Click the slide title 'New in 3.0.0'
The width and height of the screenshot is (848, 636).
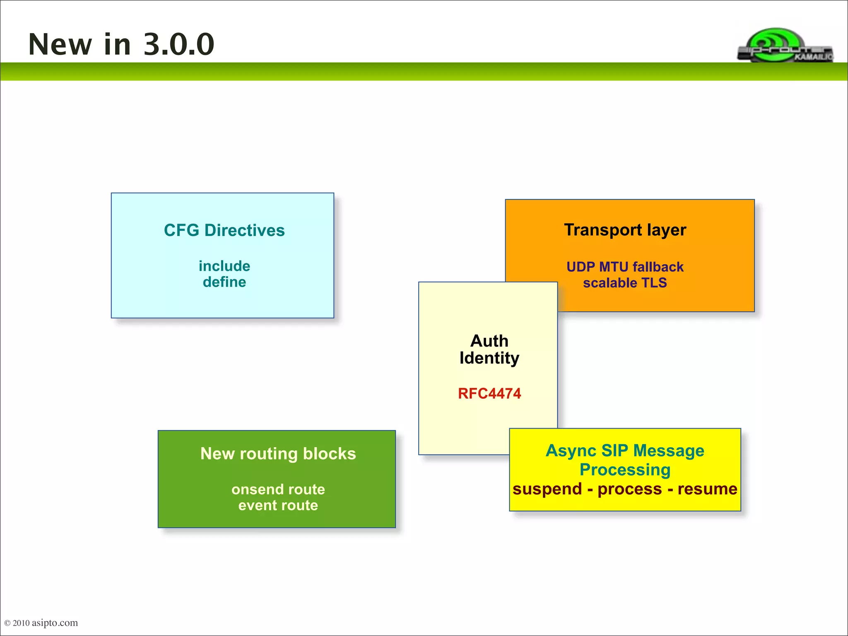pos(121,44)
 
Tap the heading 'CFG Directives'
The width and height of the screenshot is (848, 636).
pos(224,230)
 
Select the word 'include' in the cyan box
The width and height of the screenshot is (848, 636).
pos(224,266)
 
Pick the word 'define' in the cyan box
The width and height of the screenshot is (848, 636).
pos(224,282)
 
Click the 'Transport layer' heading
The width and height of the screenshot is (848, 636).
pos(625,230)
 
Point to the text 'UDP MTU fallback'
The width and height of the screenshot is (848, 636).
pos(625,267)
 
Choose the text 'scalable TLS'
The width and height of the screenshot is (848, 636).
pos(625,283)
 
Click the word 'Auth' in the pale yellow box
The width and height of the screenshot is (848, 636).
pos(489,341)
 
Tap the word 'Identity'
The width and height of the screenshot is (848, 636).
pos(489,358)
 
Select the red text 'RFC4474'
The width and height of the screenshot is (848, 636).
pos(489,393)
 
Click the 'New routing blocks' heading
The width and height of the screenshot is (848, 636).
pos(278,454)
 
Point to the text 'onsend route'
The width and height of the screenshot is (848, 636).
pos(278,489)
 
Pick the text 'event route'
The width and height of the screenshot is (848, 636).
pos(278,505)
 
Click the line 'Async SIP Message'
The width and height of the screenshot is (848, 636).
pos(625,450)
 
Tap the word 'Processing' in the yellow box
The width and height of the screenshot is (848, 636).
pos(625,470)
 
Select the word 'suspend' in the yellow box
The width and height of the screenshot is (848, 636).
pos(547,489)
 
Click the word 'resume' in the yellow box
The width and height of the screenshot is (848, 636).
pos(707,489)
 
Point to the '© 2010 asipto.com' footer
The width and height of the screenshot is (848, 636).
pos(41,623)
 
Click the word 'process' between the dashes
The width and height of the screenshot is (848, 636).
pos(629,489)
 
